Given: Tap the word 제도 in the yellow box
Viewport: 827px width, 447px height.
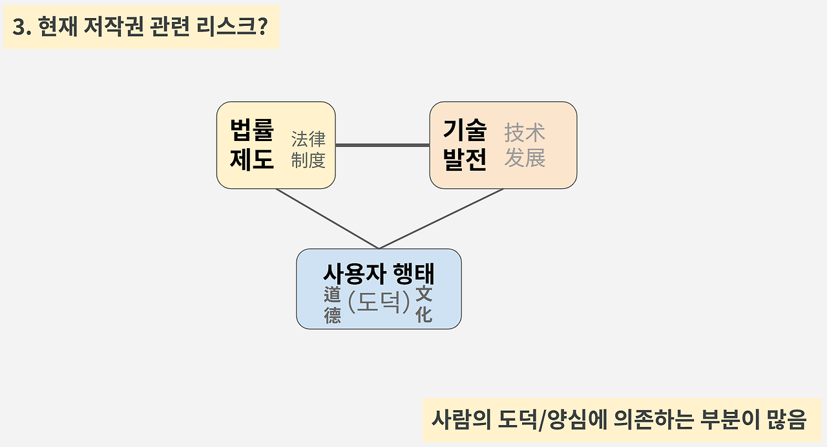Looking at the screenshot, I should point(252,159).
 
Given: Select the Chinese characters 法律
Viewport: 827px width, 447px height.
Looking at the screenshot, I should point(308,138).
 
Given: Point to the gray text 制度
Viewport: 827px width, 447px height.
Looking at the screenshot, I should point(308,160).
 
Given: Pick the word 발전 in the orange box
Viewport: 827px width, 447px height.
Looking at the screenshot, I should point(465,159).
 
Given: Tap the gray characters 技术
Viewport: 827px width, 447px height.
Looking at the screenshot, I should point(525,133).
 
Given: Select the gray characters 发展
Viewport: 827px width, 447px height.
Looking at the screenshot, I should point(525,158).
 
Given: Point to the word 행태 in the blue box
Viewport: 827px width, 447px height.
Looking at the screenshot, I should point(413,274).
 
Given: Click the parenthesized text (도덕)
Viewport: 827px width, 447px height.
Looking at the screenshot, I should point(379,302).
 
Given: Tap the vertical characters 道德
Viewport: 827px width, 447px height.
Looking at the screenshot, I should point(332,305).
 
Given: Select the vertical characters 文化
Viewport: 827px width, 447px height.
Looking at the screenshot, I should point(424,305).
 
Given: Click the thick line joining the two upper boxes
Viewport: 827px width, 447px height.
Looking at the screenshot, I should point(382,145).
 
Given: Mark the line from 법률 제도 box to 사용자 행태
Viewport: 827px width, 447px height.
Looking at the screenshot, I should point(327,219).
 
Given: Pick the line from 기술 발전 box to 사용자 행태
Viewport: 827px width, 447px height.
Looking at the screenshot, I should point(441,219).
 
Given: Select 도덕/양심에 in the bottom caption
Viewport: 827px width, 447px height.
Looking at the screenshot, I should point(528,420).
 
